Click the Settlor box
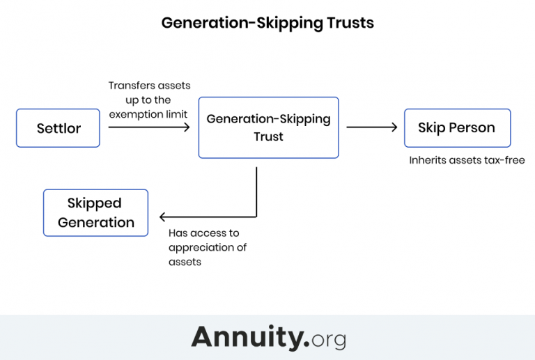[59, 128]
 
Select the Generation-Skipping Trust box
[268, 127]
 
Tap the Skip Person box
[457, 128]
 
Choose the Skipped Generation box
[95, 212]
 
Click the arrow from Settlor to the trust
[149, 127]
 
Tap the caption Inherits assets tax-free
[467, 160]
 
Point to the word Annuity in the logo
[249, 337]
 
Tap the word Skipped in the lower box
[95, 203]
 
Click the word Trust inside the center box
[268, 137]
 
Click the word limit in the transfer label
[176, 114]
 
